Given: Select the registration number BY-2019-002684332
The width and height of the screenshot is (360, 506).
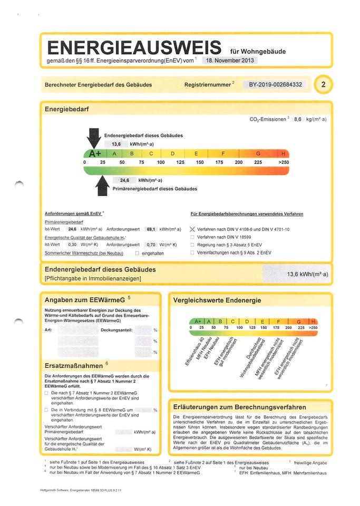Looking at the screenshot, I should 275,84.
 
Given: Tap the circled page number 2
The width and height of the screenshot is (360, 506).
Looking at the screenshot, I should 322,84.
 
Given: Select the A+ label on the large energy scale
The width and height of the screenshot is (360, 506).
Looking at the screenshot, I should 95,154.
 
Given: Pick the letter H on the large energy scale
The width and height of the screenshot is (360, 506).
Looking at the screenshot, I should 284,154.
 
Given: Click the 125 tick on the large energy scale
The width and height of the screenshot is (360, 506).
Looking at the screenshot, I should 180,162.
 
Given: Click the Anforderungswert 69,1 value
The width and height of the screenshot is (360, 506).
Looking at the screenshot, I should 152,229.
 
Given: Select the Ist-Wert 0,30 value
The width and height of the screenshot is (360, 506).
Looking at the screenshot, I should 73,245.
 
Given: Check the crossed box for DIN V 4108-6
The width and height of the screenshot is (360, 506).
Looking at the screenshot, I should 192,229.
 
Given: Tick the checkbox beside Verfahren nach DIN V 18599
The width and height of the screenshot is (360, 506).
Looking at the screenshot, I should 192,237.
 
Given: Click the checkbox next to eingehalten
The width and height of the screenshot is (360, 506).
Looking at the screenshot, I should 137,253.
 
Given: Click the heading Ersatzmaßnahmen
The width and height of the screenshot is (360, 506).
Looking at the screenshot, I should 74,364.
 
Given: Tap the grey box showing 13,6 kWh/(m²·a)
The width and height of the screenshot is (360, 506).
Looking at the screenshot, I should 298,274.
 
